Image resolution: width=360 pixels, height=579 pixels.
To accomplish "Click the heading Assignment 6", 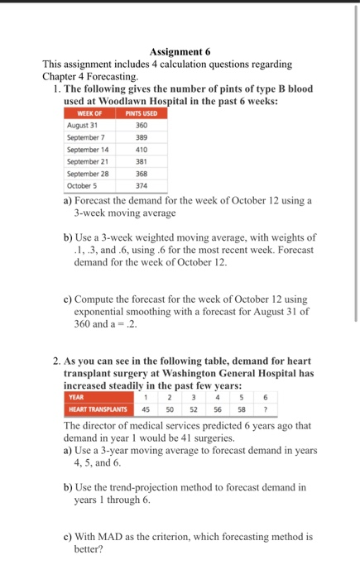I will click(180, 50).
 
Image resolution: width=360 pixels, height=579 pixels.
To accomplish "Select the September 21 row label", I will click(90, 162).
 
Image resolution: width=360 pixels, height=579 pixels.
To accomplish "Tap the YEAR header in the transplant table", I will click(76, 396).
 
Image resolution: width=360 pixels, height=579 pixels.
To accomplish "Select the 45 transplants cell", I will click(146, 408).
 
